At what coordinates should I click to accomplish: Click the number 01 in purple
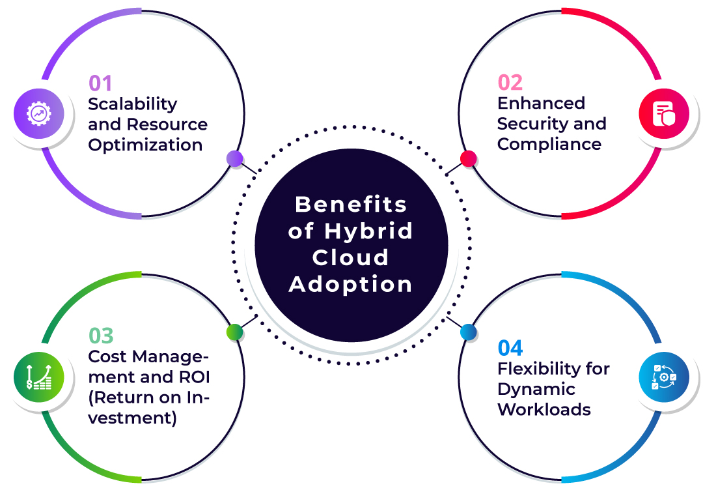(101, 83)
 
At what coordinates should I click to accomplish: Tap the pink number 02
(510, 82)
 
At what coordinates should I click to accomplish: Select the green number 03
(101, 336)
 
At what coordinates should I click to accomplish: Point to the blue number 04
(510, 347)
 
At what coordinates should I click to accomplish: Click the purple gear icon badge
(38, 113)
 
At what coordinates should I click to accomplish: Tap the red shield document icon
(663, 113)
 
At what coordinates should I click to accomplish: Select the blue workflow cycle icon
(663, 377)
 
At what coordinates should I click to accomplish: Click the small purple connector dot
(234, 158)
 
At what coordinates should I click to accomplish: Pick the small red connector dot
(468, 158)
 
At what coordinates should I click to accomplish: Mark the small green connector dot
(234, 332)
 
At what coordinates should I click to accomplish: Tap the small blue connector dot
(468, 332)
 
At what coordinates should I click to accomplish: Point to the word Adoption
(351, 284)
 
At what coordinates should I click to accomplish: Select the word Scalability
(133, 104)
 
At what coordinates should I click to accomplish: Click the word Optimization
(145, 145)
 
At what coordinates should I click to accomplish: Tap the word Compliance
(549, 144)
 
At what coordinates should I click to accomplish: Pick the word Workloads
(544, 409)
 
